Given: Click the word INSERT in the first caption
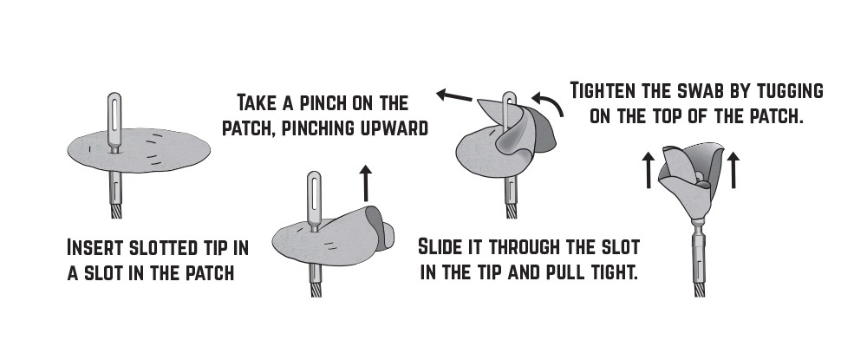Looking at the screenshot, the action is coord(94,247).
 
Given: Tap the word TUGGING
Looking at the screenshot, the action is coord(789,90).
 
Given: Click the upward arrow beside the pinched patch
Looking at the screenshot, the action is coord(366,182).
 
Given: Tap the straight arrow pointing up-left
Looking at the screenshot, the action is coord(454,96).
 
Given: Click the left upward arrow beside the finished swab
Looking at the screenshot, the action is coord(648,171).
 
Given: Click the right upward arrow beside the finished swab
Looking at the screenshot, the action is coord(733,171).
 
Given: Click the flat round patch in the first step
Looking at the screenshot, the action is coord(139,150).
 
